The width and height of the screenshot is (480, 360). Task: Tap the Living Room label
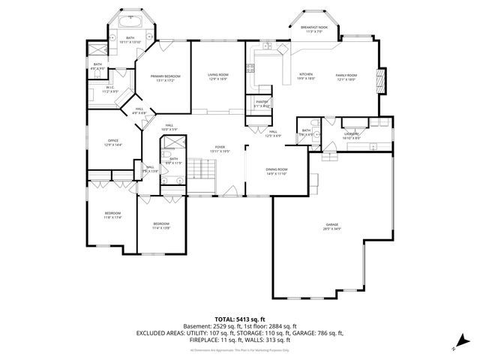pos(217,76)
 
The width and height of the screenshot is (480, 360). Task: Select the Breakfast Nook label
pos(311,29)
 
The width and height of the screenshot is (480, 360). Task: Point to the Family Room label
pos(345,76)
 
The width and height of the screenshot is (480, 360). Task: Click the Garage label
pos(332,227)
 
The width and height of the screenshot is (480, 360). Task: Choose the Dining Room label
pos(276,171)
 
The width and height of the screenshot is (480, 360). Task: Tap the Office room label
pos(112,142)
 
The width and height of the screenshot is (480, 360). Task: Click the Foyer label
pos(220,148)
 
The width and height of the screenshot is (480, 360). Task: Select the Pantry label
pos(262,103)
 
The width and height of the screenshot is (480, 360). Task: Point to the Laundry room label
pos(352,135)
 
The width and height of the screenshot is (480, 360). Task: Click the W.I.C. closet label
pos(109,89)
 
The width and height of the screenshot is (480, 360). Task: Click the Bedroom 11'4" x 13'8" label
pos(161,225)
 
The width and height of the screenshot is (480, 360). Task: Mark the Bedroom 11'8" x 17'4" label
pos(112,215)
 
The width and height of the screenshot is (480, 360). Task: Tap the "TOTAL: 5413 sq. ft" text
pos(240,319)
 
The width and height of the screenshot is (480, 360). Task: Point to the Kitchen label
pos(306,76)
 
